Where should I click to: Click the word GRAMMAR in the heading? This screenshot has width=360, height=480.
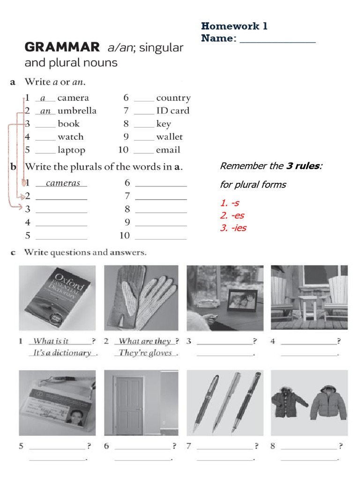(62, 47)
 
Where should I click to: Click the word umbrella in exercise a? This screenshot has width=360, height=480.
(77, 111)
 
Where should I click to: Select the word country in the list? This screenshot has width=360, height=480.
(173, 98)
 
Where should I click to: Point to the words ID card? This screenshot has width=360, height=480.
(172, 111)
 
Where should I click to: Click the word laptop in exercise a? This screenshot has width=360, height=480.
(71, 150)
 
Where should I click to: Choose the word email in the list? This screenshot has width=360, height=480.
(168, 150)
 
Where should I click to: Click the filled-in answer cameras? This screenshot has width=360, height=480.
(63, 183)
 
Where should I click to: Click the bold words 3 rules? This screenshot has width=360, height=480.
(303, 166)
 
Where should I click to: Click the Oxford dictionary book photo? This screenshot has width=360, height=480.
(59, 298)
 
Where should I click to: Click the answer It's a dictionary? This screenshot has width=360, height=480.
(62, 353)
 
